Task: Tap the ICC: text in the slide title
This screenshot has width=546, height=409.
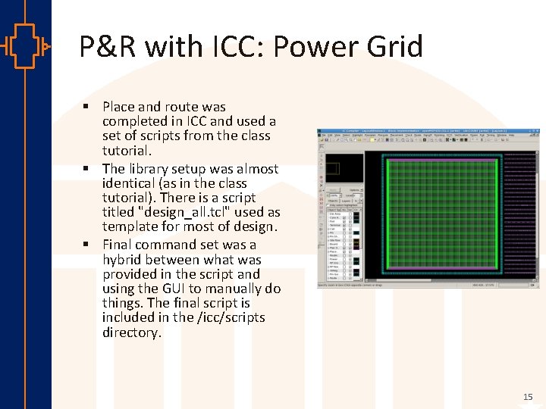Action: [232, 47]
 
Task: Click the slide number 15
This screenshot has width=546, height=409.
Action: [528, 397]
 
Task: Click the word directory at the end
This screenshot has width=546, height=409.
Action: [131, 333]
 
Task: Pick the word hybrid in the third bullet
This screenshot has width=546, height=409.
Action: [124, 260]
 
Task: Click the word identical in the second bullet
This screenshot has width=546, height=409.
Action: [130, 183]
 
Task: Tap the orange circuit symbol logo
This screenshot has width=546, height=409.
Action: [25, 47]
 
